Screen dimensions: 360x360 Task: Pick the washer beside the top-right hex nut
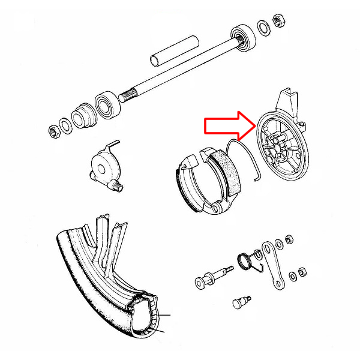pos(263,28)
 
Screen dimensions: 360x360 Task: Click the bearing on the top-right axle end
pos(245,35)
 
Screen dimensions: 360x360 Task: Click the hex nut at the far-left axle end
pos(53,128)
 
